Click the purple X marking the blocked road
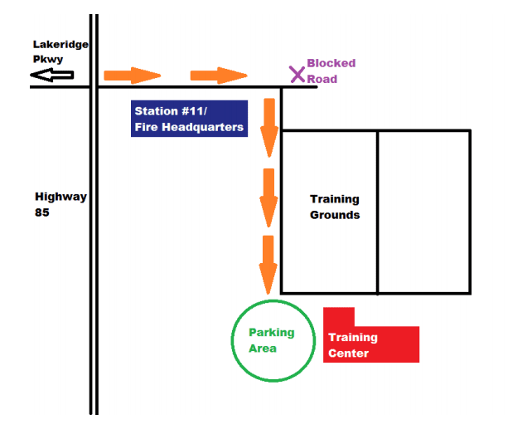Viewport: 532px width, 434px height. click(x=297, y=74)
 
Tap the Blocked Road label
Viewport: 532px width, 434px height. click(x=331, y=71)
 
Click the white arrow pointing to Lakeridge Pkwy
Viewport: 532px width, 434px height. click(x=51, y=76)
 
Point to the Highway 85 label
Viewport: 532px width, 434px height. click(x=60, y=204)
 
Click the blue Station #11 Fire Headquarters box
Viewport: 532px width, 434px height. click(x=190, y=118)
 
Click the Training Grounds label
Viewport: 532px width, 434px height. click(x=335, y=207)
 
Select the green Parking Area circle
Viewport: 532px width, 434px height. click(x=273, y=339)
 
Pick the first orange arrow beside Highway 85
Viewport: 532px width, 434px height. click(x=132, y=76)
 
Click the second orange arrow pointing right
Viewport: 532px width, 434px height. click(x=219, y=76)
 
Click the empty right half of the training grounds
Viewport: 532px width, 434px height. click(x=424, y=212)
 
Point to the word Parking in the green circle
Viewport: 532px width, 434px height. click(x=272, y=333)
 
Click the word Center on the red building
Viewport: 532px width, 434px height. click(x=348, y=354)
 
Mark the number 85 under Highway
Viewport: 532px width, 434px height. click(x=42, y=212)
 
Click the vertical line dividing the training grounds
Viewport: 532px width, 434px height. click(x=378, y=212)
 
